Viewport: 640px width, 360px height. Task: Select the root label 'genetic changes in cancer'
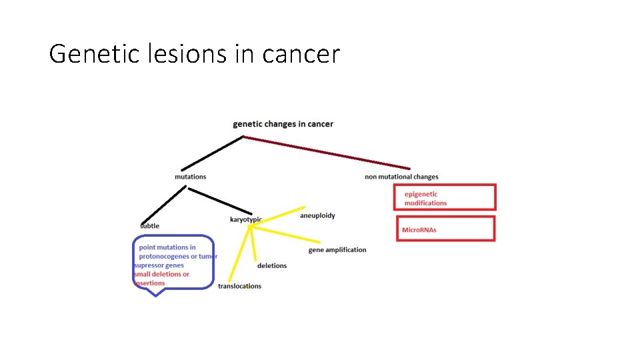pos(283,124)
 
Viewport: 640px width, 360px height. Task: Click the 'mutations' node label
pos(191,177)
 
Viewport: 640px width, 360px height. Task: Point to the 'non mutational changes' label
pos(401,177)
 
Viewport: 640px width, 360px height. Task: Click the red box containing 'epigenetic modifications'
pos(445,197)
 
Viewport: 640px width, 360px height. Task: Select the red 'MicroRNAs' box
pos(445,228)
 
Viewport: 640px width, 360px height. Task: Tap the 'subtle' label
pos(150,226)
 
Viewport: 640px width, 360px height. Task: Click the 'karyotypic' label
pos(245,219)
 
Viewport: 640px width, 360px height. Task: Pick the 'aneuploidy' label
pos(317,215)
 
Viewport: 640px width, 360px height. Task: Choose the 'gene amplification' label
pos(337,250)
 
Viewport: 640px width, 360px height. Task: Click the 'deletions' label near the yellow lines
pos(272,265)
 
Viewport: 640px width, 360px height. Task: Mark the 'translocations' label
pos(239,286)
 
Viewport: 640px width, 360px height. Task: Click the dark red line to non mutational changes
pos(327,153)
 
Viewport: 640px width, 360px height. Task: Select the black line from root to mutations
pos(213,153)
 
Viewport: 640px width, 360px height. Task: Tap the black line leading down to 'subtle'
pos(164,205)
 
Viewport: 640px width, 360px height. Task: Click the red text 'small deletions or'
pos(162,274)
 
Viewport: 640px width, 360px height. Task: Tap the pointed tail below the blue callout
pos(155,292)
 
